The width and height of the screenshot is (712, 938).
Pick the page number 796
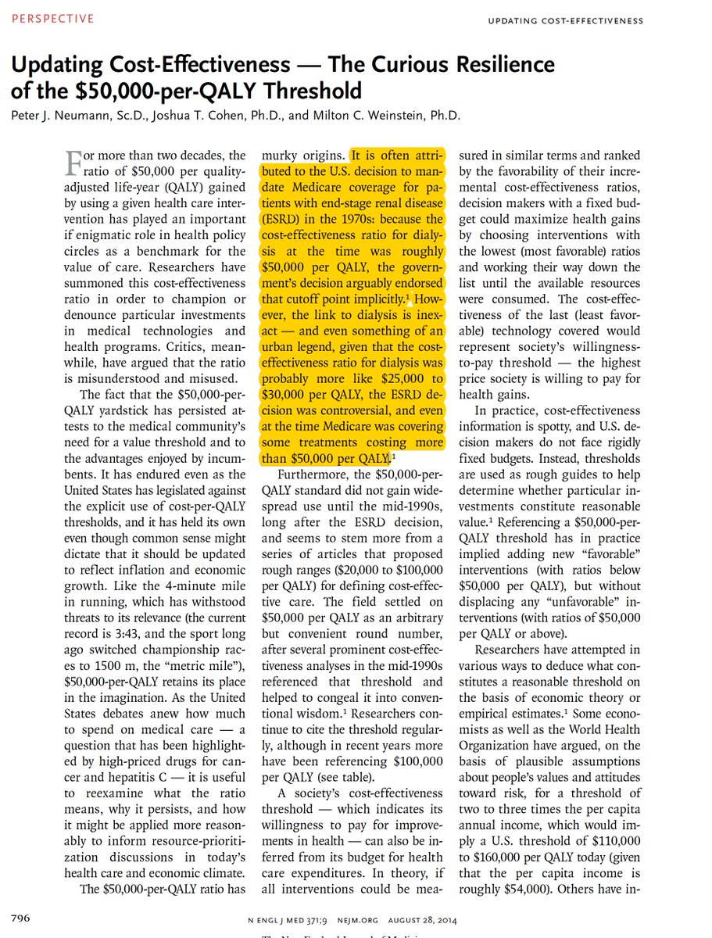pyautogui.click(x=20, y=915)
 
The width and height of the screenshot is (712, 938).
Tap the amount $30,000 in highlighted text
pyautogui.click(x=284, y=394)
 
